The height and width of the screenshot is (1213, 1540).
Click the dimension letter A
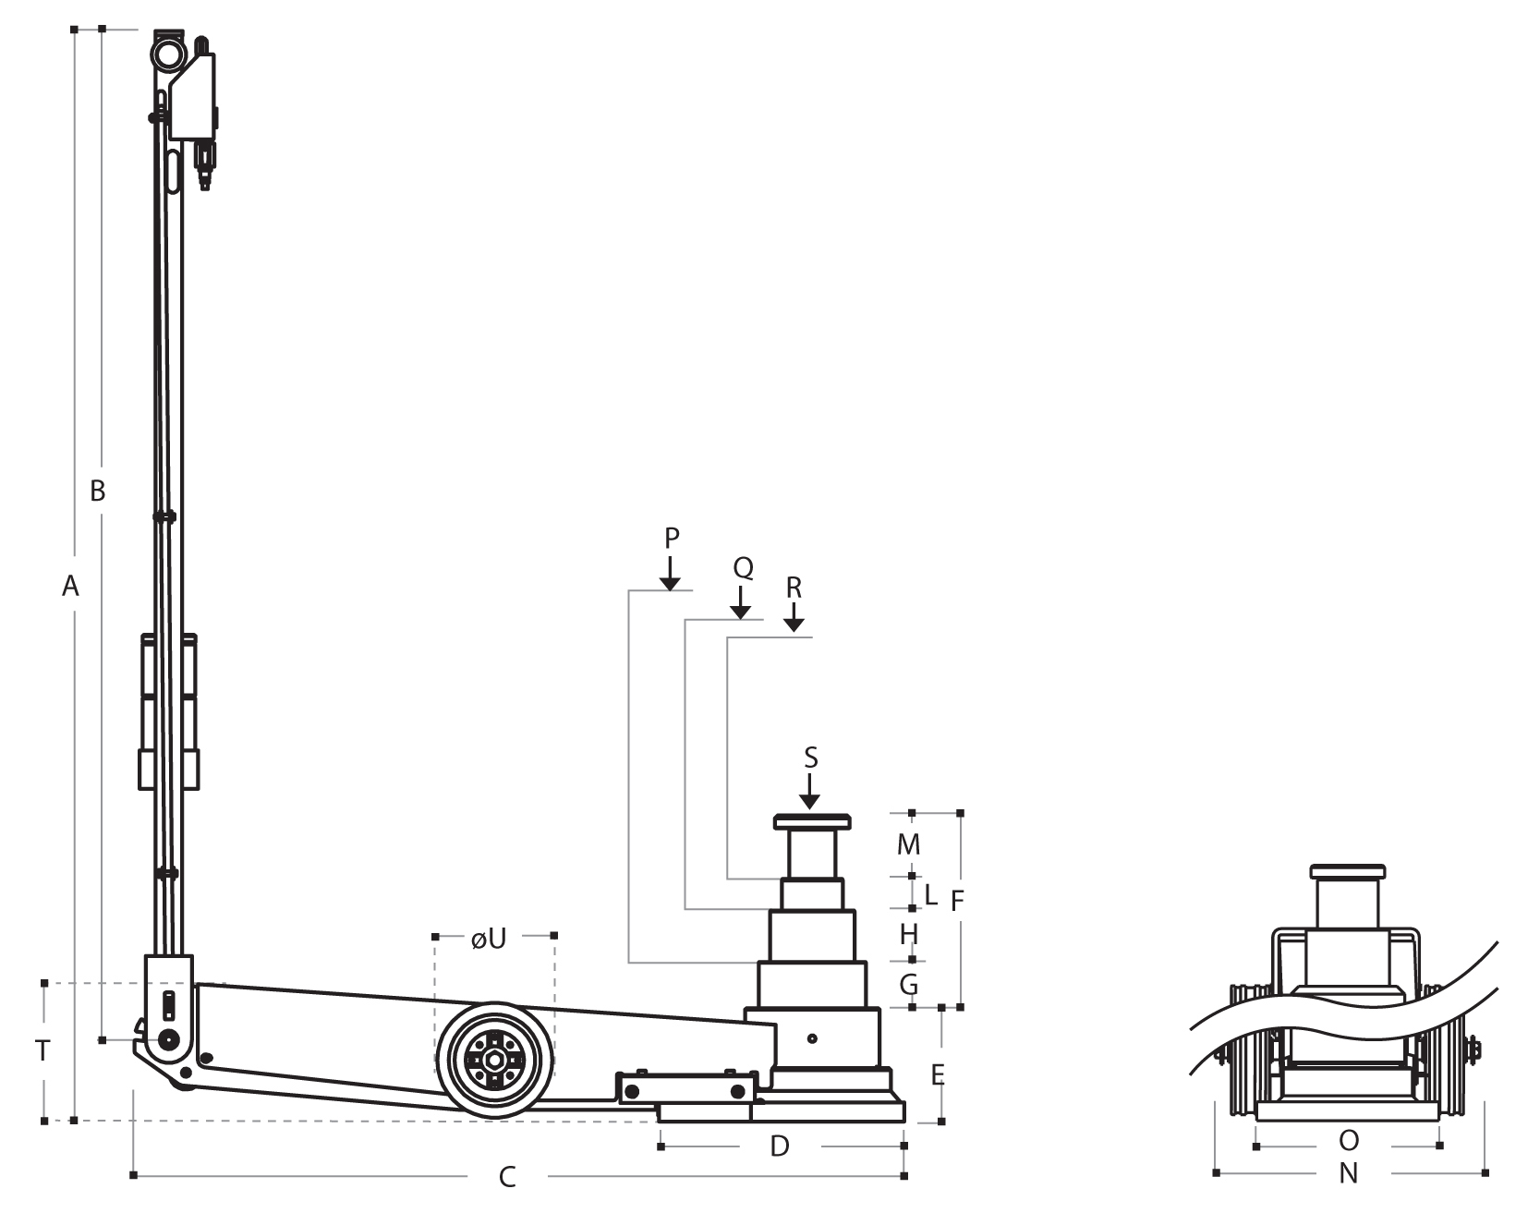[71, 586]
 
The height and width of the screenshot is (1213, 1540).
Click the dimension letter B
[97, 491]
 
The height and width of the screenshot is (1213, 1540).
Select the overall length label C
[507, 1177]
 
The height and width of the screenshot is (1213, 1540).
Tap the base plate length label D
[781, 1146]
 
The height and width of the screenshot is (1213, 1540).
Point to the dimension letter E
[938, 1074]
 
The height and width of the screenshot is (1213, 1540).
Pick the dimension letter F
[958, 901]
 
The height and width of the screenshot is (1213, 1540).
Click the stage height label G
[909, 985]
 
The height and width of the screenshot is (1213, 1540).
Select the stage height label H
[909, 935]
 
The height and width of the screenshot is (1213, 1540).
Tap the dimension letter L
[931, 894]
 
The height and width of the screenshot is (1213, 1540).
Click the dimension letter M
[910, 844]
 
